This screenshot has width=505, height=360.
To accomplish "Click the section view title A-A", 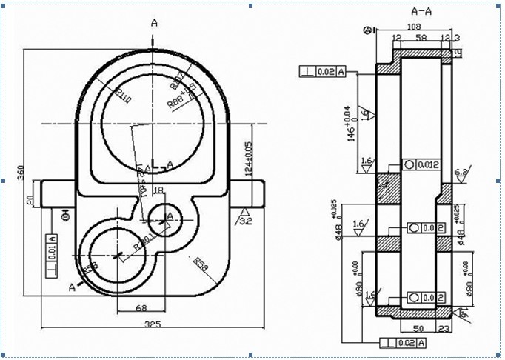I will pyautogui.click(x=421, y=11).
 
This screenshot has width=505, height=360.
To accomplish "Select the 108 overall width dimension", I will pyautogui.click(x=415, y=26).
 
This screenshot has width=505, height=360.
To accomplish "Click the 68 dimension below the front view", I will pyautogui.click(x=140, y=308).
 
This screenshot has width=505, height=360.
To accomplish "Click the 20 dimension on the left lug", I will pyautogui.click(x=30, y=199).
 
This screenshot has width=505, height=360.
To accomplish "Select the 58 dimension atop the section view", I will pyautogui.click(x=421, y=36).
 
